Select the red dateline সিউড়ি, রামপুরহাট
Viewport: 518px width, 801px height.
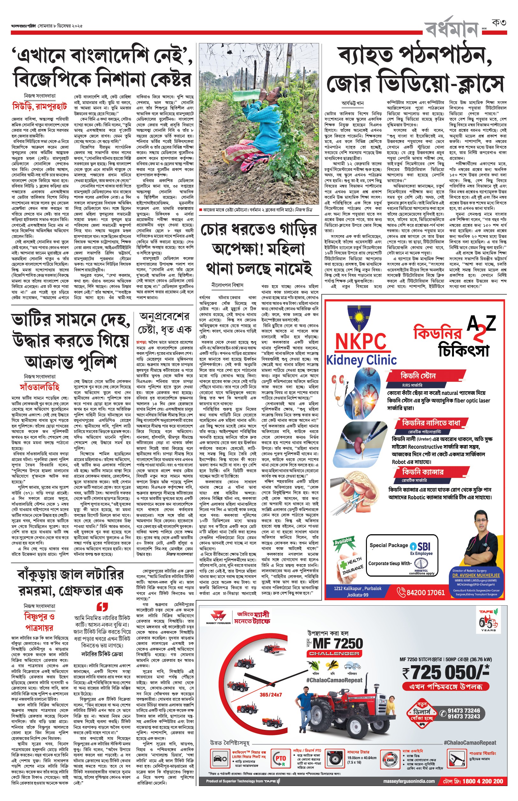(x=40, y=106)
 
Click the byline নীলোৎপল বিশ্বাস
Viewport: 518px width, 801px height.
(x=227, y=285)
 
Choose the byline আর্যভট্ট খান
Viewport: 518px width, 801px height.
(x=353, y=103)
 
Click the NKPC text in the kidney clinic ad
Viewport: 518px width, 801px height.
(x=361, y=342)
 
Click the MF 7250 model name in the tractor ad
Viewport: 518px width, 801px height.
(x=338, y=644)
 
